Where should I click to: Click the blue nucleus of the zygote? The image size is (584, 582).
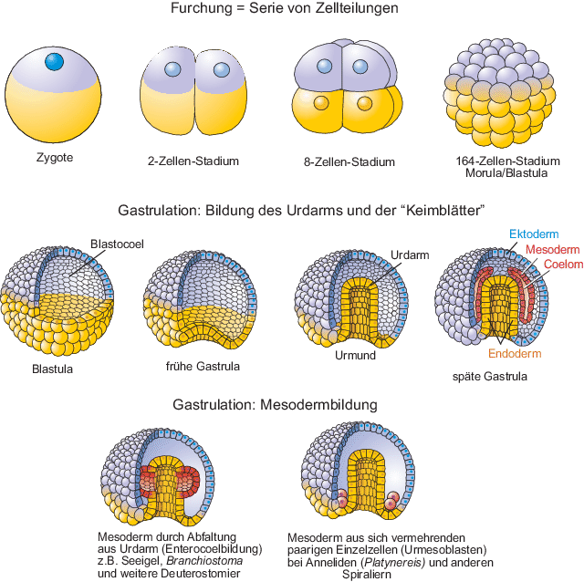54,62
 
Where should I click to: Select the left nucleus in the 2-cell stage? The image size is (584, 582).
172,69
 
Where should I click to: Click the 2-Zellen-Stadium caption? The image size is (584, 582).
193,161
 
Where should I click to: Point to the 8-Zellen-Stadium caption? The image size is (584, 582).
349,162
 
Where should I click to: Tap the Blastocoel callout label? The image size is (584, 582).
117,244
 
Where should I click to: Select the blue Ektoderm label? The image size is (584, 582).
534,234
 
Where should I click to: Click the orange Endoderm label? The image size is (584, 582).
516,354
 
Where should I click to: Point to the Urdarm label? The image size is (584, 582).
409,256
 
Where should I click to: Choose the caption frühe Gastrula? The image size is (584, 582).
203,367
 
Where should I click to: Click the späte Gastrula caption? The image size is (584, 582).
489,375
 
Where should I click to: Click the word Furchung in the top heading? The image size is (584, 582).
204,8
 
